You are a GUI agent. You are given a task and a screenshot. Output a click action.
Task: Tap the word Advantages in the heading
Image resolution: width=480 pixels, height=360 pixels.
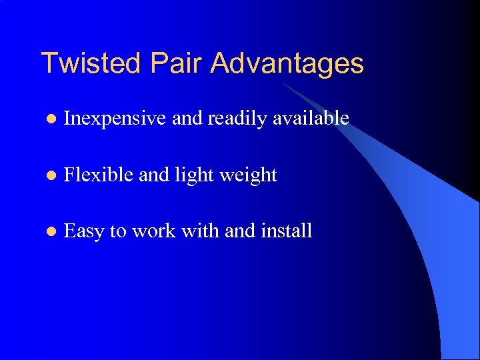pyautogui.click(x=287, y=63)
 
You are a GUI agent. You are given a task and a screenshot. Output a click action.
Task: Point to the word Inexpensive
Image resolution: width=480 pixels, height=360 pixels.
pyautogui.click(x=115, y=118)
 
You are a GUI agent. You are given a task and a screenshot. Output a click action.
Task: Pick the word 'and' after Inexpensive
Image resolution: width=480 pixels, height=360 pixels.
pyautogui.click(x=187, y=118)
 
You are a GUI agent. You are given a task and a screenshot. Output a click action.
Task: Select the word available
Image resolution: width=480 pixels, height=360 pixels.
pyautogui.click(x=312, y=118)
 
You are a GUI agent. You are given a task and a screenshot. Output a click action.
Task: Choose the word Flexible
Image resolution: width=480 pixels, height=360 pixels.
pyautogui.click(x=97, y=175)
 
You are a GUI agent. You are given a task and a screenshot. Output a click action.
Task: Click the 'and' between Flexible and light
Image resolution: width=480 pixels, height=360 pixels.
pyautogui.click(x=153, y=175)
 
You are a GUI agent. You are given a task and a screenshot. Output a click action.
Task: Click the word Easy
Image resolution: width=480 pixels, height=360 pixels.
pyautogui.click(x=84, y=231)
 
